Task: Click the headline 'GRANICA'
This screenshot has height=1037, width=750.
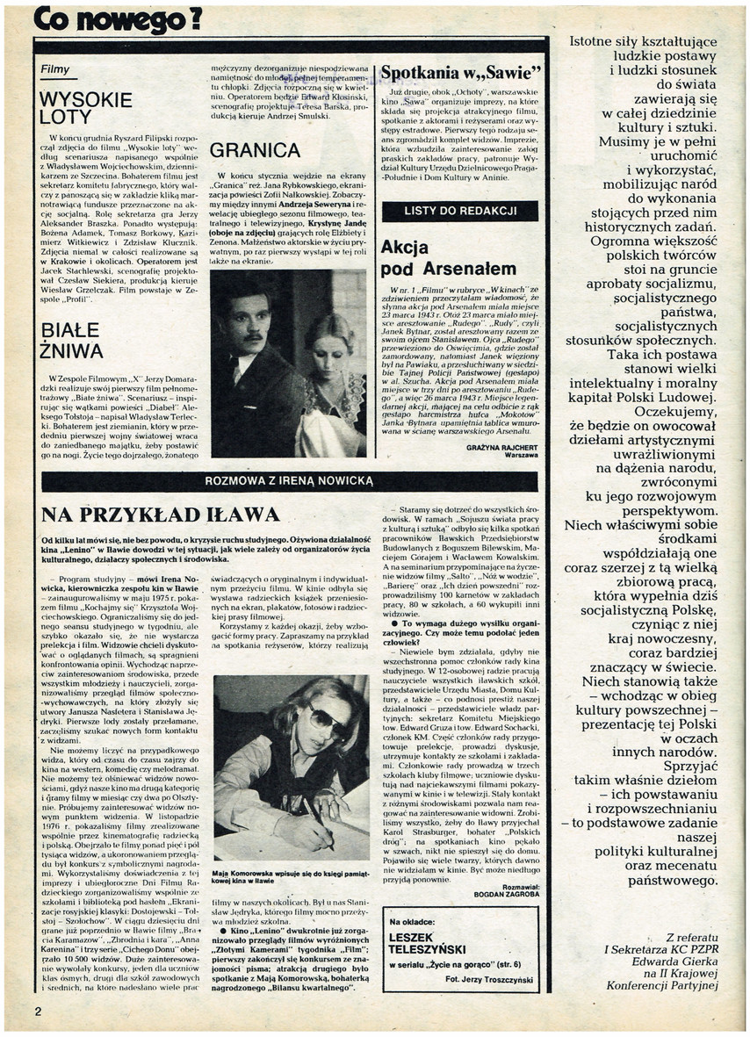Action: [x=256, y=151]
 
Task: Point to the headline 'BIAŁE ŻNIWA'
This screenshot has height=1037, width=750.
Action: [x=72, y=342]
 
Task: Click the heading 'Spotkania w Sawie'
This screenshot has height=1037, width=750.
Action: [x=461, y=73]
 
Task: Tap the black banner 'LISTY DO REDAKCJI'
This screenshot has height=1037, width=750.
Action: [x=460, y=211]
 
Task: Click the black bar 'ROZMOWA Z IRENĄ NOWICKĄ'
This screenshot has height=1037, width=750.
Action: [x=289, y=480]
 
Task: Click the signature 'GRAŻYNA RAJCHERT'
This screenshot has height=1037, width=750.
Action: [x=502, y=447]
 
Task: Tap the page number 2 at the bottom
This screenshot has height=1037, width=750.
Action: [x=38, y=1011]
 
